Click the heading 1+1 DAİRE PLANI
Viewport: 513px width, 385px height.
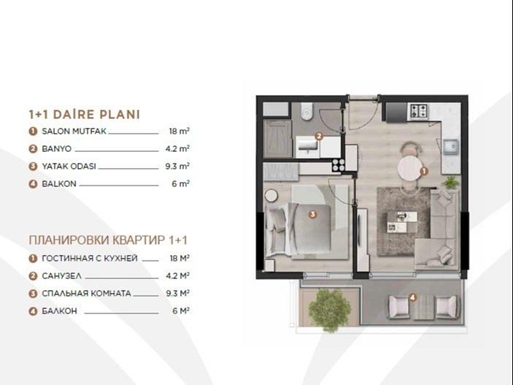click(x=85, y=115)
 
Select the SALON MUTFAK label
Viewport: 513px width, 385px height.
click(x=74, y=131)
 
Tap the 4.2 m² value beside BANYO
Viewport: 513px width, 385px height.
click(x=177, y=149)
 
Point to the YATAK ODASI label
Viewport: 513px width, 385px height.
click(x=69, y=167)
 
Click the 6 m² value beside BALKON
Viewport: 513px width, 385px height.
click(x=180, y=184)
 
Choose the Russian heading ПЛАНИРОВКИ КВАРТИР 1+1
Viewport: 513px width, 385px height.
click(x=108, y=240)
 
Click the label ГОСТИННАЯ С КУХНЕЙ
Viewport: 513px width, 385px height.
click(x=90, y=259)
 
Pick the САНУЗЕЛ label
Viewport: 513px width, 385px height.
click(x=61, y=276)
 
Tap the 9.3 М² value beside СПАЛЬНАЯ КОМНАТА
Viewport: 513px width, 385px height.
click(x=177, y=293)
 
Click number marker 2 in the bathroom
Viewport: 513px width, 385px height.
click(x=319, y=137)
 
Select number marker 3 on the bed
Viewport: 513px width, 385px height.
click(x=313, y=214)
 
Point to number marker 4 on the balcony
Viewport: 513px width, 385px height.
click(x=413, y=297)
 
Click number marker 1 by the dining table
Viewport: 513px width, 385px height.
click(x=424, y=171)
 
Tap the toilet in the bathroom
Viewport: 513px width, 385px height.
click(x=307, y=111)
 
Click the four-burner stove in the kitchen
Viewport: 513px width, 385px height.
click(x=419, y=111)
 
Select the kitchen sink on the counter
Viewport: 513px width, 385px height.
click(x=451, y=146)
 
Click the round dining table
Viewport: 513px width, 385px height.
click(x=409, y=168)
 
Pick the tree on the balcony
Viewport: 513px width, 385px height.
click(x=329, y=309)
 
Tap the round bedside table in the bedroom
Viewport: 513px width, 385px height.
click(x=271, y=196)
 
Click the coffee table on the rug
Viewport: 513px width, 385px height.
click(x=402, y=222)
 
